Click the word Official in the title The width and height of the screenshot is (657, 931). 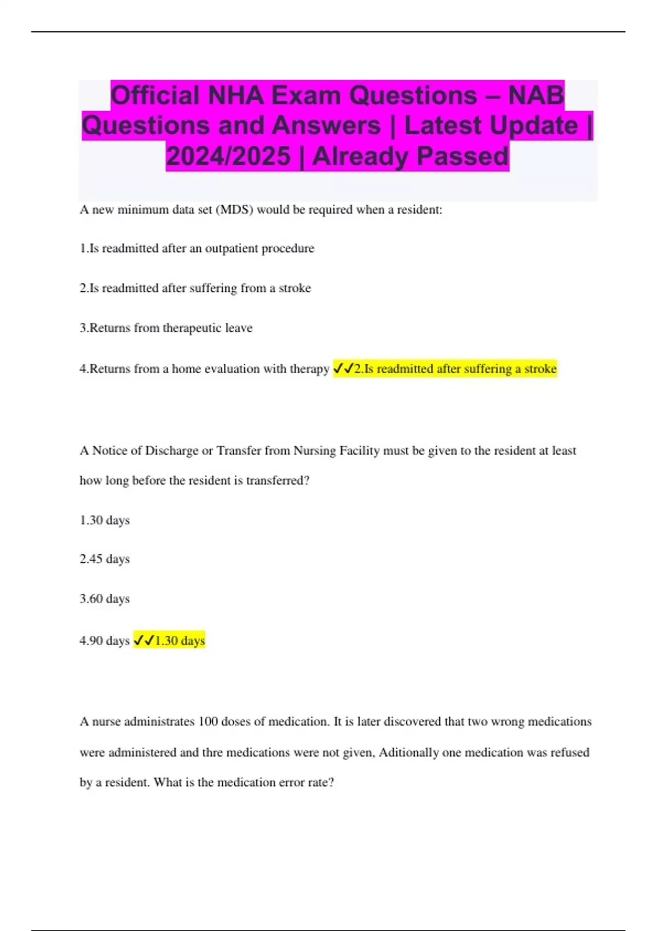pos(155,95)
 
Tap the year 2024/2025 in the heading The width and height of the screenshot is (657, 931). pos(228,156)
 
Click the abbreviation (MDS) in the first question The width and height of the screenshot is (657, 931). pos(235,210)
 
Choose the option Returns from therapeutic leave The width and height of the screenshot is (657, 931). pos(166,328)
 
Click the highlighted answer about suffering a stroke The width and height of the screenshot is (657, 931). pos(456,369)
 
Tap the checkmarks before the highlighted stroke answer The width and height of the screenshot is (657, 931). pos(343,369)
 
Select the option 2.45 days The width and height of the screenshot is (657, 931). pos(105,559)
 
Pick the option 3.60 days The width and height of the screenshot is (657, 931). pos(105,599)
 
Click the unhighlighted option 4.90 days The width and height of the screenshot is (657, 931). pos(105,640)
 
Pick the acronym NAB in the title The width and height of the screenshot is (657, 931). pos(536,95)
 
